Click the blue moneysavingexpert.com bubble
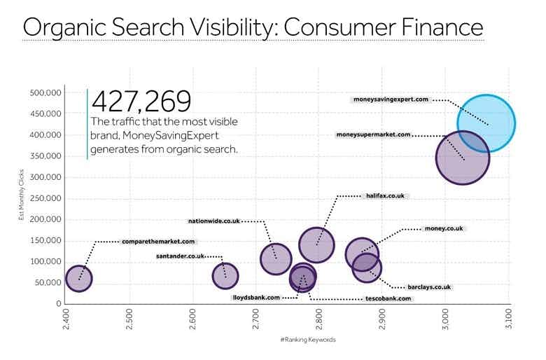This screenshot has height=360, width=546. (486, 123)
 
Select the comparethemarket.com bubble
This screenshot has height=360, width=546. (79, 279)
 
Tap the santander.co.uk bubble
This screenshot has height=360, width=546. (225, 276)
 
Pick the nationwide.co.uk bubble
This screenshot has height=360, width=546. (276, 258)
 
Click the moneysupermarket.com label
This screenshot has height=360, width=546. (373, 134)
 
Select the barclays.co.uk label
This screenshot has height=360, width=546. (429, 287)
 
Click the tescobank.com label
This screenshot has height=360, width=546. (387, 298)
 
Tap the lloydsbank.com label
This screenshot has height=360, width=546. (256, 298)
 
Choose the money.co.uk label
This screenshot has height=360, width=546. (444, 229)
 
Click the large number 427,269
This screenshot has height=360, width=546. (141, 102)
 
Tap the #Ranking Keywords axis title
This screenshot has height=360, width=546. (308, 340)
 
